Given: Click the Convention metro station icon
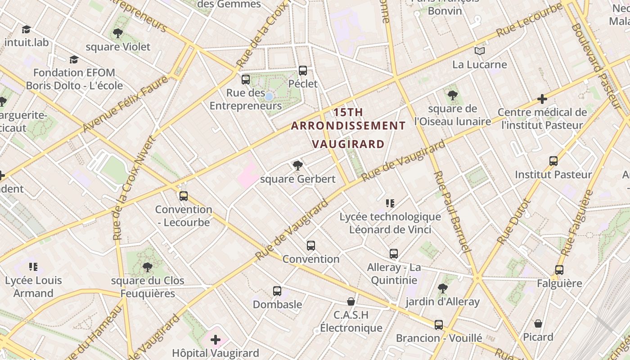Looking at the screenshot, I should click(x=310, y=246).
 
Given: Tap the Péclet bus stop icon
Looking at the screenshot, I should click(x=303, y=71).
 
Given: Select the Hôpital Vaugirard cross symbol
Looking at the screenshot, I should click(x=216, y=339).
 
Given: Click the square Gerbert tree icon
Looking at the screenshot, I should click(x=297, y=166).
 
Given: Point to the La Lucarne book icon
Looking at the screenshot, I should click(x=480, y=51).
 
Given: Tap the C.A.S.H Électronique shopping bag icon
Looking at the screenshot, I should click(x=351, y=301).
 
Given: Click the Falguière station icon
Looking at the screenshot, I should click(x=559, y=270).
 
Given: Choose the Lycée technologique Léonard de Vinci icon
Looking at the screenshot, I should click(x=390, y=203).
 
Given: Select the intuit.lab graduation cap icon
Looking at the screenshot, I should click(x=26, y=30).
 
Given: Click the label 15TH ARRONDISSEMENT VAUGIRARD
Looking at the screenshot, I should click(x=349, y=128).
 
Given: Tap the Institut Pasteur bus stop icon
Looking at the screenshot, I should click(x=553, y=161).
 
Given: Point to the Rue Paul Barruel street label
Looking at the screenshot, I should click(x=452, y=211).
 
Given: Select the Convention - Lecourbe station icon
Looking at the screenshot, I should click(x=183, y=196).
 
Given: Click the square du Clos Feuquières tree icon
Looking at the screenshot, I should click(x=147, y=267).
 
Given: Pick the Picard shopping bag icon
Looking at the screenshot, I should click(x=538, y=324).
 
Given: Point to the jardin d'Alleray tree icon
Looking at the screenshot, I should click(x=442, y=288).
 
